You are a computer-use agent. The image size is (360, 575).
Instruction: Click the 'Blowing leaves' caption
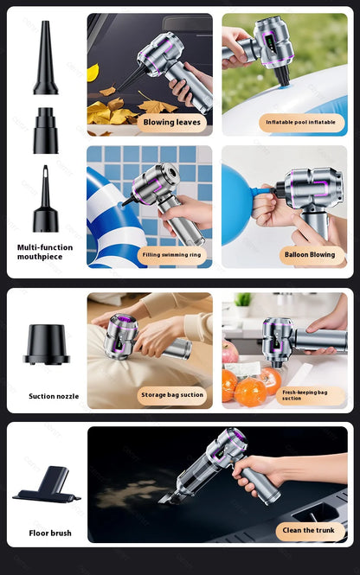click(171, 122)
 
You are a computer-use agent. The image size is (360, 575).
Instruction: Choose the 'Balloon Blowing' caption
click(309, 254)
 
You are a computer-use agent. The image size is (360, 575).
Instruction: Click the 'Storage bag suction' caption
click(172, 395)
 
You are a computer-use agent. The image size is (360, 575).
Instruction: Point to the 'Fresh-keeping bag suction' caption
click(304, 395)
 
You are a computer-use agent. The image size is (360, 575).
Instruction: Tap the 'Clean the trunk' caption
click(309, 530)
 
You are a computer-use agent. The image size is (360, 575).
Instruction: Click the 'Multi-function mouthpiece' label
click(45, 252)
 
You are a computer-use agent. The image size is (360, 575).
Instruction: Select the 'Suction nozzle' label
click(54, 396)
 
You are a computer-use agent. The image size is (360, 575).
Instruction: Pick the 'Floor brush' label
click(50, 533)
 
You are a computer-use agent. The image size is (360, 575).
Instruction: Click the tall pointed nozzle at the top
click(46, 59)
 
